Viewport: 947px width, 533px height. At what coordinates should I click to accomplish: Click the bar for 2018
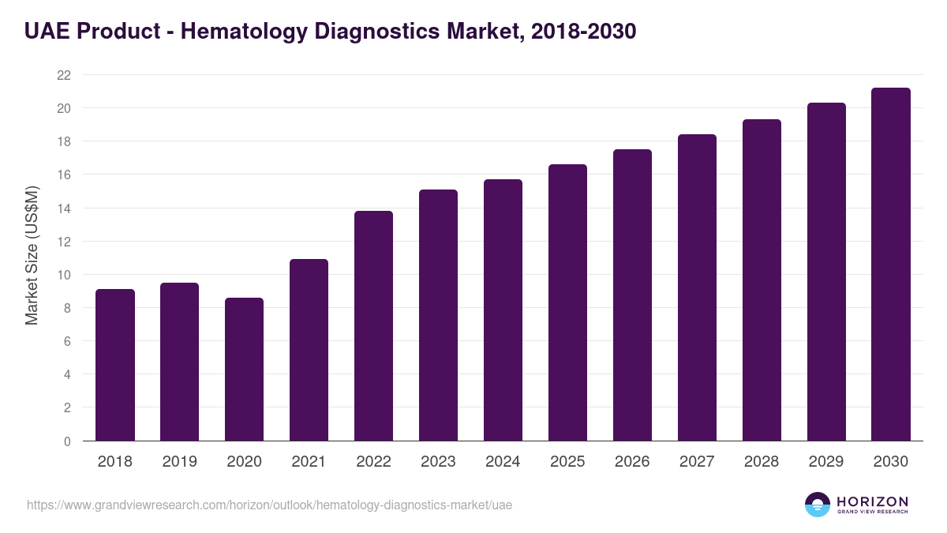115,365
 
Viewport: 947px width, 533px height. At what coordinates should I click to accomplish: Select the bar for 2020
245,370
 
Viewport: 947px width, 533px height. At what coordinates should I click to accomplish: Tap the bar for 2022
374,325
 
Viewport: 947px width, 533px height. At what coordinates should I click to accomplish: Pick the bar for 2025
568,302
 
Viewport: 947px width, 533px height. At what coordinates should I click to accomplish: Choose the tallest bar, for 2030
891,265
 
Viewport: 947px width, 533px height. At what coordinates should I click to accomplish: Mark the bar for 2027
697,287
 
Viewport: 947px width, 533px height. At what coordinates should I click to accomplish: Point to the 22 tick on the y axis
64,75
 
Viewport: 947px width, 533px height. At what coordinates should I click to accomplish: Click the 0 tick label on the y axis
67,441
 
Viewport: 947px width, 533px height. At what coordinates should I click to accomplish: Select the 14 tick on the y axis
64,208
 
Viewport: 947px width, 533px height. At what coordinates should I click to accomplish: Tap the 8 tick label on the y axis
67,308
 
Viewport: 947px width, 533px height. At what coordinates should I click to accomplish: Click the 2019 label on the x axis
180,462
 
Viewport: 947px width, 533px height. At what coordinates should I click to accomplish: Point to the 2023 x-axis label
439,462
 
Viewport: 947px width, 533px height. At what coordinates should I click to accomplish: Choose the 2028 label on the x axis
762,462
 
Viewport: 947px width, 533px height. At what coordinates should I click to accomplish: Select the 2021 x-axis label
309,462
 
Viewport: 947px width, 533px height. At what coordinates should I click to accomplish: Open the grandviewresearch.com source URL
270,505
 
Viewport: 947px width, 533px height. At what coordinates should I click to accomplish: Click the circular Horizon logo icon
818,505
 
